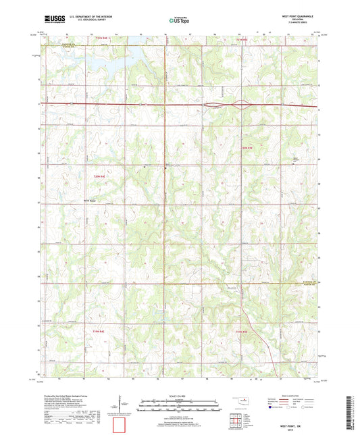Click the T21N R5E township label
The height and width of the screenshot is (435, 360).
point(245,40)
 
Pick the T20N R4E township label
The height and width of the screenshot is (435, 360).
point(98,174)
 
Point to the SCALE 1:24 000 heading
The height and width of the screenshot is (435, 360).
point(179,396)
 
